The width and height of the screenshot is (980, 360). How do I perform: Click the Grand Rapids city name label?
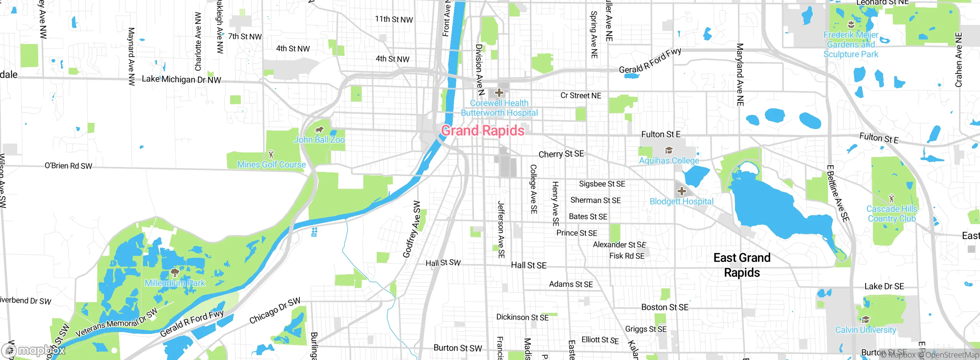click(x=483, y=131)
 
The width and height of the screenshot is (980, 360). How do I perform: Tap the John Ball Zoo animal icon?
click(x=319, y=130)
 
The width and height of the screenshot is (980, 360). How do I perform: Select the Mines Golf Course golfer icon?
click(x=271, y=154)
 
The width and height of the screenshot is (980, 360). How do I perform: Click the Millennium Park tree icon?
click(x=175, y=273)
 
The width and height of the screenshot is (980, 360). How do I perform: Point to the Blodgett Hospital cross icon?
click(x=681, y=191)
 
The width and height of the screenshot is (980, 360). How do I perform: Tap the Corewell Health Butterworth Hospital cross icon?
click(x=499, y=93)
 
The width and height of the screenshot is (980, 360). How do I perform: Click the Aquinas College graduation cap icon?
click(x=669, y=150)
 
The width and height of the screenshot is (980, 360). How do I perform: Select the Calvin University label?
click(x=866, y=330)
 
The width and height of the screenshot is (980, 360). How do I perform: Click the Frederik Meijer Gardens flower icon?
click(x=851, y=25)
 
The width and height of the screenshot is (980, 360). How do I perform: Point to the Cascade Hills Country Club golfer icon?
click(x=892, y=198)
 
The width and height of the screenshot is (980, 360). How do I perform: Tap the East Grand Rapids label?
click(x=742, y=265)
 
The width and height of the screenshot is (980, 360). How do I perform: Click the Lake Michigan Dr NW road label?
click(x=181, y=79)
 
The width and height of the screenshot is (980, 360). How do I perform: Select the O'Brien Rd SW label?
click(x=69, y=166)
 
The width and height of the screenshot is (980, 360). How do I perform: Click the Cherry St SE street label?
click(x=561, y=154)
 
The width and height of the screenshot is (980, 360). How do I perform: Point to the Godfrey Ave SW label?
click(x=412, y=229)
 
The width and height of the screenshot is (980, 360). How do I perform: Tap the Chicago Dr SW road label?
click(x=275, y=311)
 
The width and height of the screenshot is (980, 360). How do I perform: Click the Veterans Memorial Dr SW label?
click(x=116, y=322)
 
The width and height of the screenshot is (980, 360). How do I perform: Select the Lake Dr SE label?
click(x=884, y=286)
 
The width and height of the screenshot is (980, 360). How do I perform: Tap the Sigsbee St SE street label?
click(x=602, y=184)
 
